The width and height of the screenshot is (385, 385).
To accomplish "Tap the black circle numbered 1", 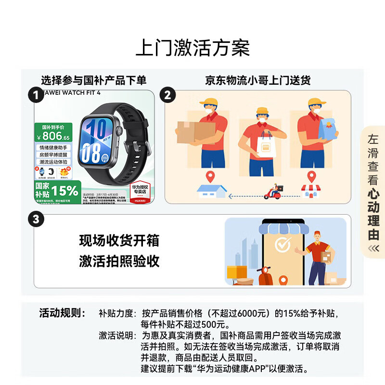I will (36, 95).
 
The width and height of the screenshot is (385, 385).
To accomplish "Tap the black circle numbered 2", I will (167, 95).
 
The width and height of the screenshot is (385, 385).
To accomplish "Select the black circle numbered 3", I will (36, 220).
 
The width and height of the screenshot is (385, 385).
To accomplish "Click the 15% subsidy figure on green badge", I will (65, 191).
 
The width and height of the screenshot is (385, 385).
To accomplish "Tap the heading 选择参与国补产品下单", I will (93, 80).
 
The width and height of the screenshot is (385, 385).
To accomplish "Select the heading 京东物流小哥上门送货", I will (257, 80).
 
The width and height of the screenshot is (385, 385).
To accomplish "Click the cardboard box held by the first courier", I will (195, 132).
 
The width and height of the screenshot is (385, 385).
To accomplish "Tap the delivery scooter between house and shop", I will (273, 192).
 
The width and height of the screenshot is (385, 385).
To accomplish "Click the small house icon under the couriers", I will (211, 192).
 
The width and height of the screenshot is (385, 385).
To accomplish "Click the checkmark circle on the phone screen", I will (283, 245).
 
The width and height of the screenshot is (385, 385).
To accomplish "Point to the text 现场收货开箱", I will (119, 240).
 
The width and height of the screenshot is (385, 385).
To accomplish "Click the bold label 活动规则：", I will (62, 313).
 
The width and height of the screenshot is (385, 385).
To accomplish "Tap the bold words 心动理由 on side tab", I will (373, 215).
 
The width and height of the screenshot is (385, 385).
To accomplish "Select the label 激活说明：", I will (117, 335).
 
